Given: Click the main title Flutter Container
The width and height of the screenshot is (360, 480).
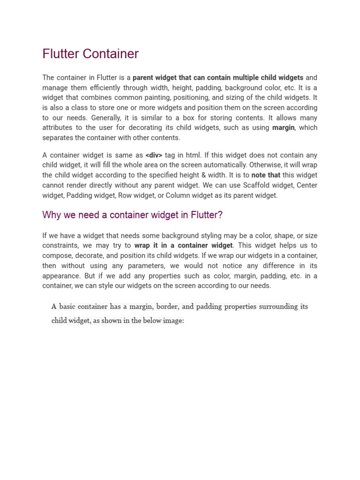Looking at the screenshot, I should [x=90, y=54].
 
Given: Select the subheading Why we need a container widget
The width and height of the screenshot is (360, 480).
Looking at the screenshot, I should [x=132, y=215].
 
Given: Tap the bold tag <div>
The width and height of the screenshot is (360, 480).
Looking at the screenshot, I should [x=154, y=155].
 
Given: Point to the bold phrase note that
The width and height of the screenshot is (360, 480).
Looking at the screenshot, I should [x=266, y=175].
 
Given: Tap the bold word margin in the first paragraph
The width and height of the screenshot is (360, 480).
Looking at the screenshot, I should [x=283, y=128].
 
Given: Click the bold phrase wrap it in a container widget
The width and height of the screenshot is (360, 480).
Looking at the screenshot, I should [x=183, y=246].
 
